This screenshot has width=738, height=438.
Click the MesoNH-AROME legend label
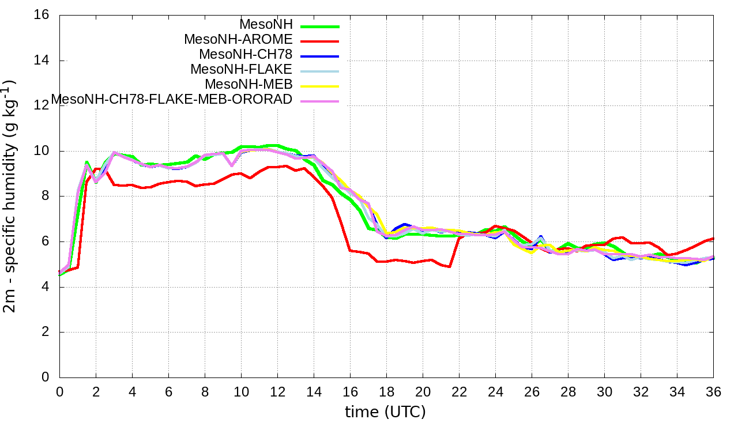(x=238, y=39)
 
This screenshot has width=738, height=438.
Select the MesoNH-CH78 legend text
(x=246, y=54)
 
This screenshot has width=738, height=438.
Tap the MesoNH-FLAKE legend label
(x=242, y=69)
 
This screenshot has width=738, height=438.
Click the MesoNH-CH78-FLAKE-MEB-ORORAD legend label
(x=172, y=99)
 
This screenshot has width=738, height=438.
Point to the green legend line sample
(x=318, y=26)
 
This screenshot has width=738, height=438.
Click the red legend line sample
(x=318, y=41)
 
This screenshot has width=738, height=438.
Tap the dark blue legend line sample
(x=318, y=56)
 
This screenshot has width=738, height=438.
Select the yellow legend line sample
(x=318, y=86)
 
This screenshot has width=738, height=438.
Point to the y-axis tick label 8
(x=45, y=196)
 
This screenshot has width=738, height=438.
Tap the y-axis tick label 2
(x=45, y=332)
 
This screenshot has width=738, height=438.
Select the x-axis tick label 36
(x=713, y=391)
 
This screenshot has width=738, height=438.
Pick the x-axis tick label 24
(x=495, y=391)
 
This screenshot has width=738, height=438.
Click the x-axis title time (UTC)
(x=385, y=412)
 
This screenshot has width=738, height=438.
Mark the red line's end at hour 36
(x=713, y=238)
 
